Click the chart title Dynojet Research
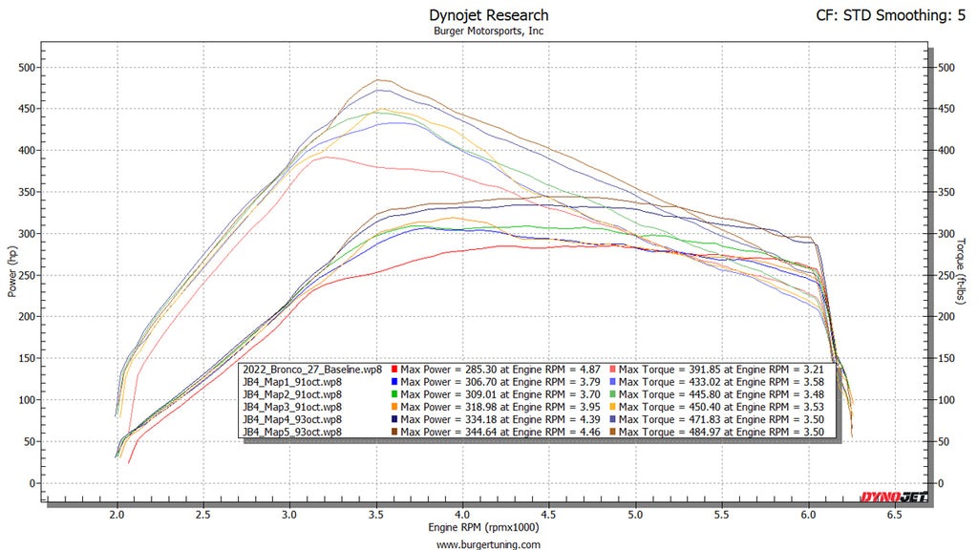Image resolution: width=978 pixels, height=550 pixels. [489, 14]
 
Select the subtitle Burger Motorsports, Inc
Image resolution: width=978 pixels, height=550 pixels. [489, 30]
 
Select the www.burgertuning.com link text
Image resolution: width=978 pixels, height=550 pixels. [489, 544]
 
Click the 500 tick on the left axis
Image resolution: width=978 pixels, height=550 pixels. [30, 68]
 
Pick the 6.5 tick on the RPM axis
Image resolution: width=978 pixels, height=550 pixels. [893, 514]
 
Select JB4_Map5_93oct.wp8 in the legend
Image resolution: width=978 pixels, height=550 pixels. [292, 432]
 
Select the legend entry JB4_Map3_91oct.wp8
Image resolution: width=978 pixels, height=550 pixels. [292, 407]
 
